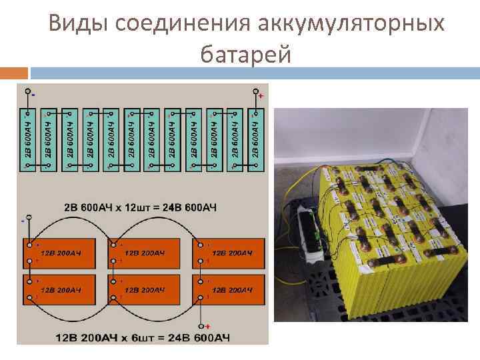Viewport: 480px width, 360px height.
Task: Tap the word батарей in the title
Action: click(x=245, y=55)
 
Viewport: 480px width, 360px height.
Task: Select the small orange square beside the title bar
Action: click(x=14, y=73)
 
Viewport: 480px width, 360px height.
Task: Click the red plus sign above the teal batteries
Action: click(x=261, y=96)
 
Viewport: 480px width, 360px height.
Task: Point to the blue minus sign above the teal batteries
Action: click(x=33, y=93)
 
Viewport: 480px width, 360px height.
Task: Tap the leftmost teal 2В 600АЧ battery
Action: click(x=28, y=140)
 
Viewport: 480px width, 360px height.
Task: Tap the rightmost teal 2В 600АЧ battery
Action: click(x=257, y=140)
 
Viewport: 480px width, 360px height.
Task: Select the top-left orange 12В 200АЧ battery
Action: click(x=61, y=253)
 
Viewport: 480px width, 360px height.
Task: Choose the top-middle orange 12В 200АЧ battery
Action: click(x=145, y=253)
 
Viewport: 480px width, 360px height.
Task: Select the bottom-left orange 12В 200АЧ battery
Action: click(x=61, y=290)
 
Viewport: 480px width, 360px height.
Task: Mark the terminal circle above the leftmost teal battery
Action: click(x=27, y=91)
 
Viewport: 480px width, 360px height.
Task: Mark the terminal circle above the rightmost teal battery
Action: click(x=256, y=91)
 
